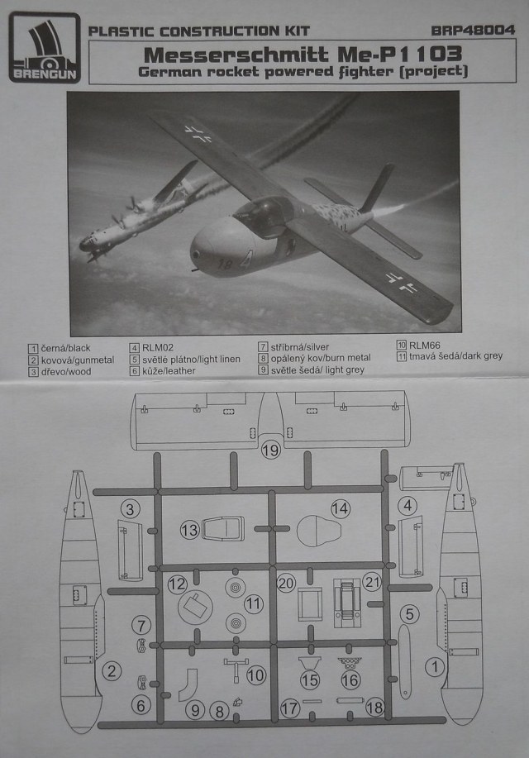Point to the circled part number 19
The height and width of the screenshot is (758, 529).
pos(270,451)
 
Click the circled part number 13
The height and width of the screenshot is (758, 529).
pos(189,529)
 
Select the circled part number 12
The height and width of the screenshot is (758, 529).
pos(177,584)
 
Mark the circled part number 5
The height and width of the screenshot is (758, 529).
pos(411,613)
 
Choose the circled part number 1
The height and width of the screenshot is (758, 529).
pos(434,665)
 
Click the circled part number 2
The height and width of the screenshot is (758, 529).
pos(112,671)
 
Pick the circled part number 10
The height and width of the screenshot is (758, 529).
pos(255,675)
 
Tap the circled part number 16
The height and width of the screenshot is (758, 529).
pos(350,679)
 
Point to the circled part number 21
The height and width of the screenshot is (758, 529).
pos(372,582)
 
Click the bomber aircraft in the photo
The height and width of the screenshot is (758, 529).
pos(136,217)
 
